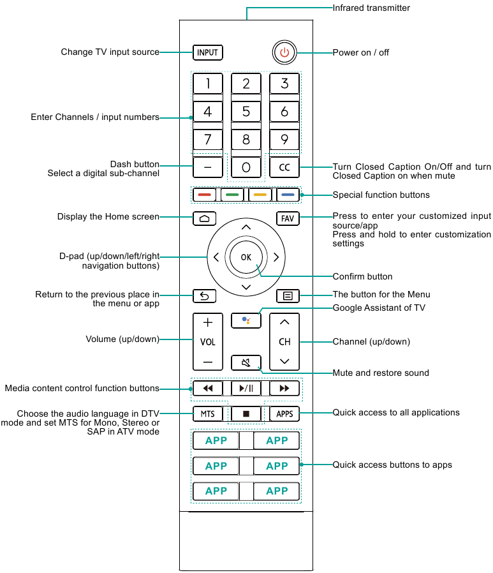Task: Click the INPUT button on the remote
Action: pos(207,52)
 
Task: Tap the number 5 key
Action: pos(246,112)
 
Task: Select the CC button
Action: pos(284,167)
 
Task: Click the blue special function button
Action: pos(288,195)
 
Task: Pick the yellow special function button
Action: pos(260,195)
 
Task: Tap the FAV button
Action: pos(288,218)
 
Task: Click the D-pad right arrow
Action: pos(276,257)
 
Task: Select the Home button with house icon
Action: pos(205,218)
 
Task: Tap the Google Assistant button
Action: pos(246,321)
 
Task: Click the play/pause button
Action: pos(246,388)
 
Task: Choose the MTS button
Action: pos(207,414)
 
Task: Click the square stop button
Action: pos(246,414)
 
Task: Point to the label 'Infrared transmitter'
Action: pos(371,8)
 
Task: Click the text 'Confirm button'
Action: pos(362,277)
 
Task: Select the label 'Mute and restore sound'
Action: pos(381,373)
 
